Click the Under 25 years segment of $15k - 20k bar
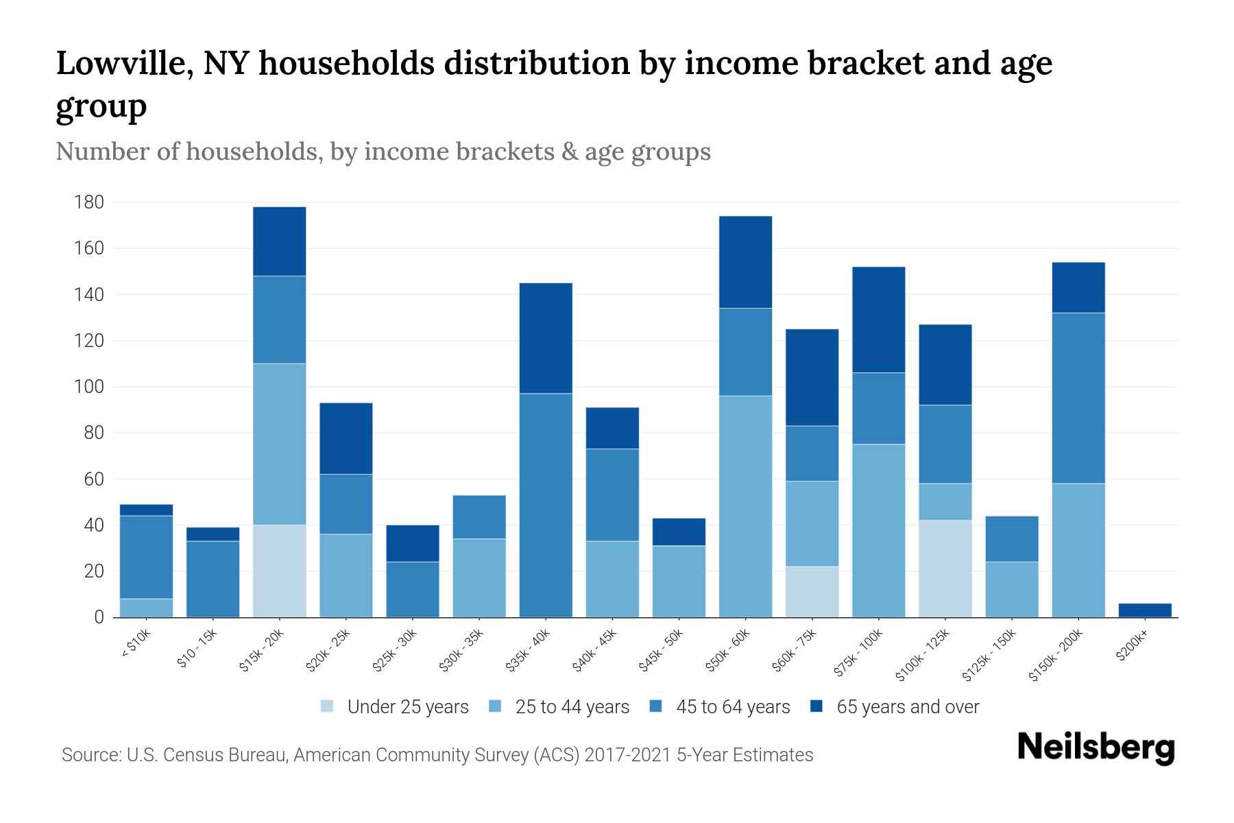click(x=280, y=571)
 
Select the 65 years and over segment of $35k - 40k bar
click(x=546, y=338)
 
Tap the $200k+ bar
click(x=1145, y=610)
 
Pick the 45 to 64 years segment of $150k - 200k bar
click(x=1078, y=398)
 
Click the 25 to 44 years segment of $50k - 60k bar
click(x=745, y=506)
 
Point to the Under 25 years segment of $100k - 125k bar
click(x=945, y=569)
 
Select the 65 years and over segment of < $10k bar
click(x=146, y=510)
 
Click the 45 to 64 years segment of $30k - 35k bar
click(x=479, y=516)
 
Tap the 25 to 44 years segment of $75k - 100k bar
click(x=878, y=531)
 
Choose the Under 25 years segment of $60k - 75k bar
click(x=812, y=591)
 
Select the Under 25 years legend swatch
click(x=328, y=706)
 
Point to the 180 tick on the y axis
click(x=89, y=202)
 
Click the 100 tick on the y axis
click(x=89, y=387)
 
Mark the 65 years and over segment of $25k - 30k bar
click(x=413, y=543)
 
